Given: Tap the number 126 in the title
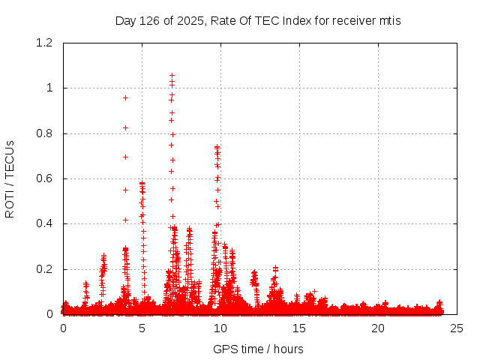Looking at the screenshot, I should [x=148, y=20].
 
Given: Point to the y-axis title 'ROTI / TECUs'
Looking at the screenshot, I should [x=10, y=178].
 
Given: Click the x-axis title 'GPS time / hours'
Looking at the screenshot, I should [x=258, y=349].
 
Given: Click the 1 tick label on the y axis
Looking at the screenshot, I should [x=51, y=88].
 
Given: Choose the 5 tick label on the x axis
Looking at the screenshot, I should [x=142, y=328].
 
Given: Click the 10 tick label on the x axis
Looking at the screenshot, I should [x=220, y=328].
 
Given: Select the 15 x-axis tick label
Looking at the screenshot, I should [x=299, y=328].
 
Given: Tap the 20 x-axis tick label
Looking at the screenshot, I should [x=378, y=328].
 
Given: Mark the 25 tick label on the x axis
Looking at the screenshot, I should [x=457, y=328].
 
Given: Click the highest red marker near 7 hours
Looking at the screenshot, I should [x=172, y=76].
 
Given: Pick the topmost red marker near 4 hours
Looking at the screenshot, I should [x=126, y=97].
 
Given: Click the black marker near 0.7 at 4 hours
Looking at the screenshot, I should [x=126, y=157].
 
